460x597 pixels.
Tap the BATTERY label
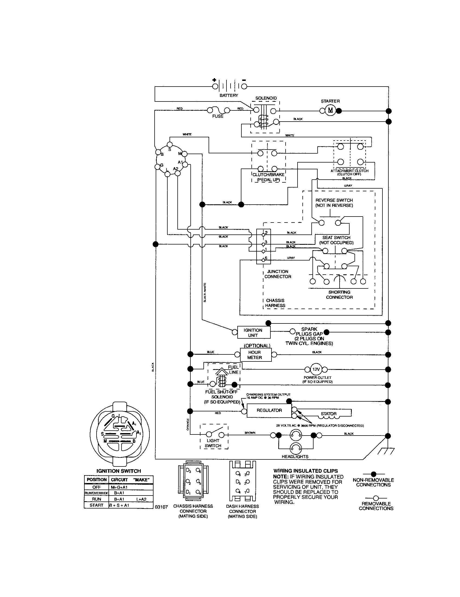(x=229, y=96)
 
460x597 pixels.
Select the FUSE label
(x=218, y=116)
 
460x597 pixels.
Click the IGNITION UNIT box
(x=253, y=333)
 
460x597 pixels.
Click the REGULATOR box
(x=269, y=410)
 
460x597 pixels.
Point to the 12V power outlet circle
(x=316, y=369)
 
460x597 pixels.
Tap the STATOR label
(x=329, y=414)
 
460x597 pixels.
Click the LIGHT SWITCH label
(x=213, y=443)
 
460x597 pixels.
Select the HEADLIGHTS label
(x=295, y=457)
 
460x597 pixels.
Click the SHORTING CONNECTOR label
(x=339, y=295)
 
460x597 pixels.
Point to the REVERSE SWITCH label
(x=334, y=203)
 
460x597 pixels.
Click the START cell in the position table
(x=97, y=505)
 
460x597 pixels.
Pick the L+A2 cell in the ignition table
(x=141, y=499)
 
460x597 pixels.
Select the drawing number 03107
(x=161, y=507)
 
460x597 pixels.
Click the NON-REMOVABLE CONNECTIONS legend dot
(x=373, y=474)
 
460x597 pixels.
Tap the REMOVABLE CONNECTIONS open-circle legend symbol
(x=376, y=498)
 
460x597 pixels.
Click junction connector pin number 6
(x=263, y=259)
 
